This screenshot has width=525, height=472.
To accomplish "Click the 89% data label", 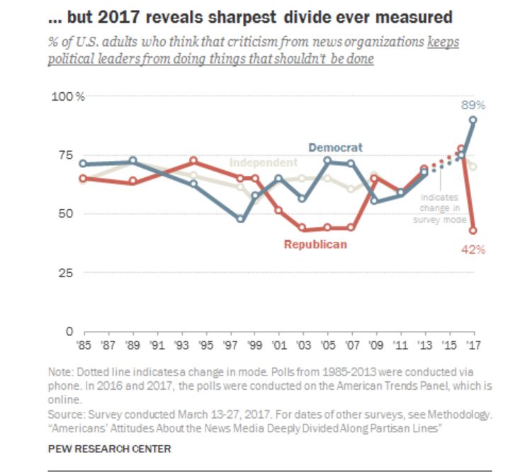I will coord(473,105).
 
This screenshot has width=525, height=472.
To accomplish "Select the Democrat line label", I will coord(335,147).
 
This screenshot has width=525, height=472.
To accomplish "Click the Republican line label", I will coord(315,245).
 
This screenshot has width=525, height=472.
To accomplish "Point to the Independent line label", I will coord(263,162).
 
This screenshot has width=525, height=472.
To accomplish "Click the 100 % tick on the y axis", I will coord(67,96).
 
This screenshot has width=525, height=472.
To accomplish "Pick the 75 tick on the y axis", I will coord(64,155).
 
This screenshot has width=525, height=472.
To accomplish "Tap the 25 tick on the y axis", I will coord(64,273).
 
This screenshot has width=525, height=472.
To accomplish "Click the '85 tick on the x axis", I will coord(84,347).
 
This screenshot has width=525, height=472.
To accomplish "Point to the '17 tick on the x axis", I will coord(473,347).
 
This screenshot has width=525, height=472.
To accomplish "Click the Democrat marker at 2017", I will coord(473,120).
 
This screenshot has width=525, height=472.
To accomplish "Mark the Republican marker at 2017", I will coord(473,230).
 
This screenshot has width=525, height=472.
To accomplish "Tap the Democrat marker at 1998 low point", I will coord(241,219).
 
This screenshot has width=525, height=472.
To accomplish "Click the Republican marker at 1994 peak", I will coord(193,161).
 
